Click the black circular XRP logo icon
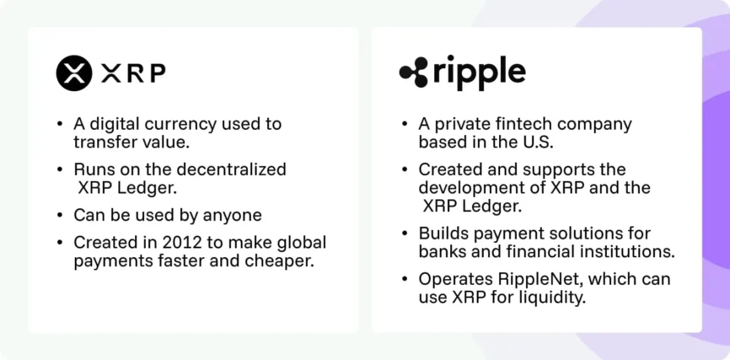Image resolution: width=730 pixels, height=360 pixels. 74,73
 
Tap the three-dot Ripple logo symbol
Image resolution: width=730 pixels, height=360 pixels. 413,73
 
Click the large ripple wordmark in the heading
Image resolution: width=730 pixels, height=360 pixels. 479,73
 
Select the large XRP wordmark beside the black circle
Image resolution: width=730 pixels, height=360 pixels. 133,73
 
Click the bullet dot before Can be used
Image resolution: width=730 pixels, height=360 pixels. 59,215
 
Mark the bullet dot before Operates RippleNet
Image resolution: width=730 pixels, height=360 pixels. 405,278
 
